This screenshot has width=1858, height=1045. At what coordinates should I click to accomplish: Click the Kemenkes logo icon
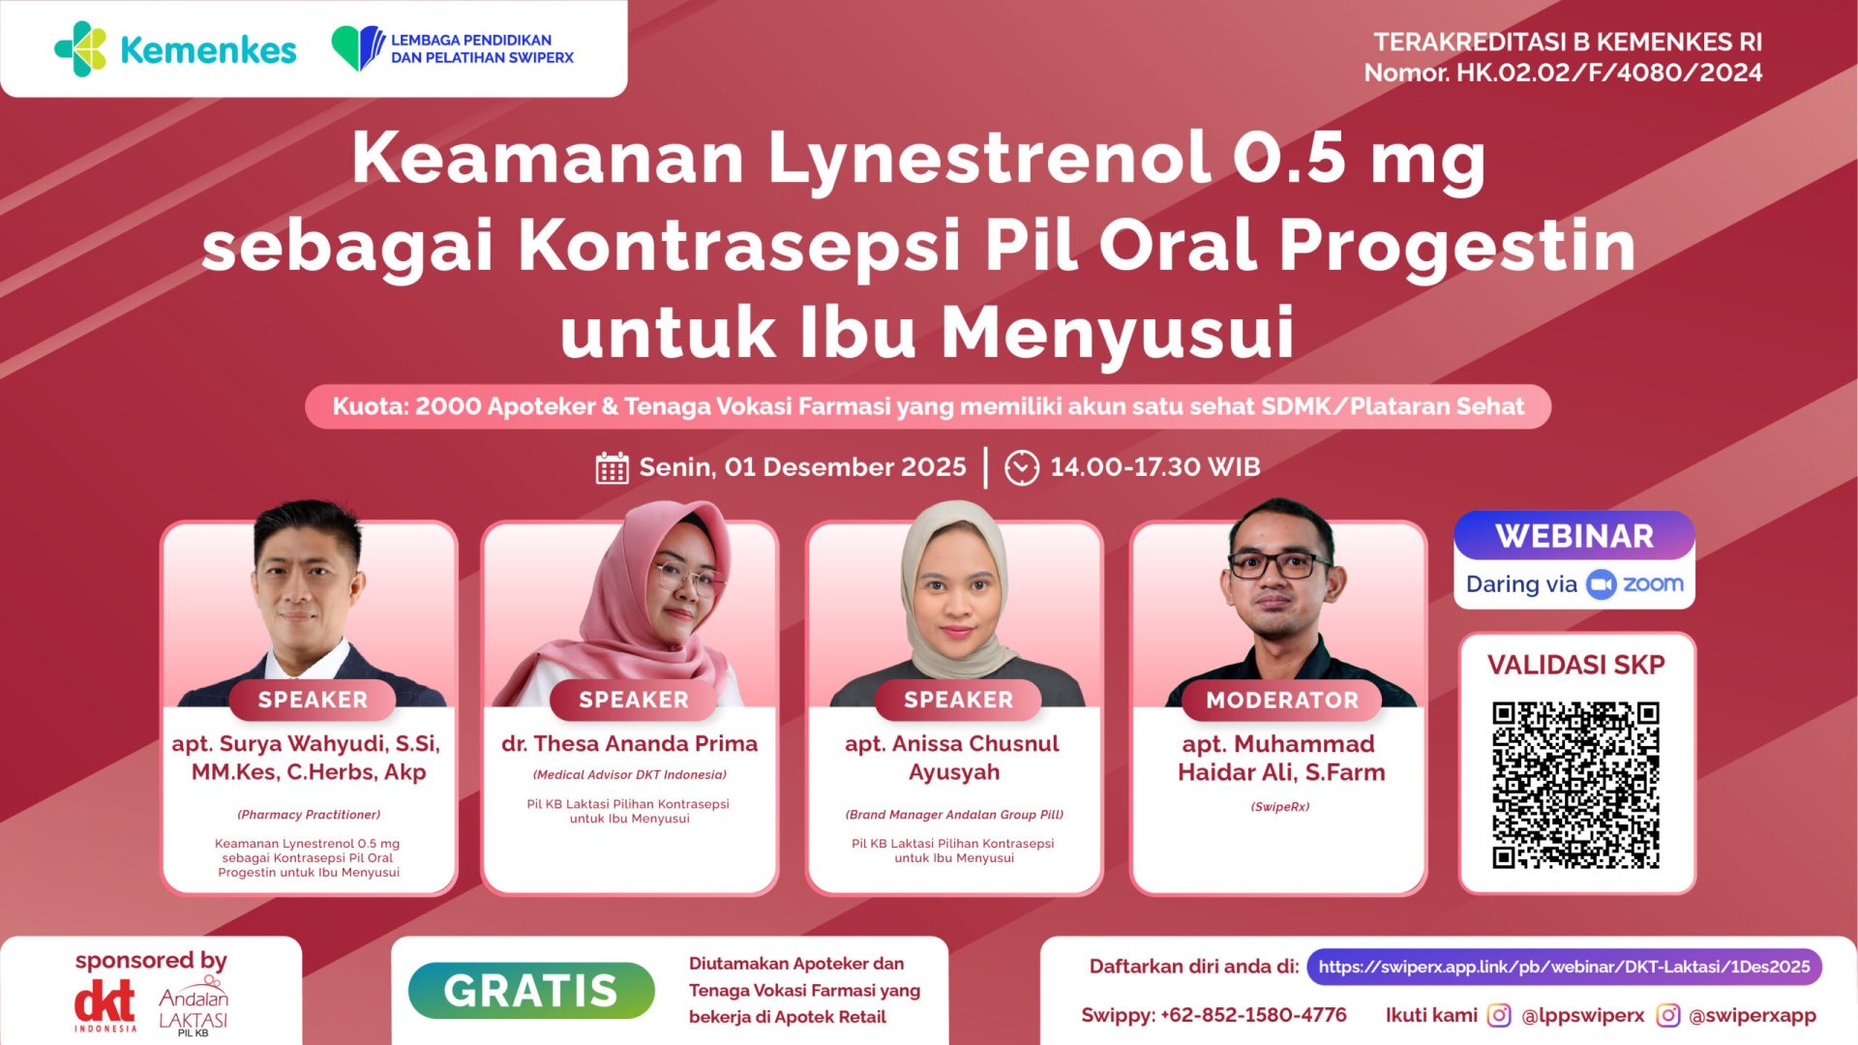pyautogui.click(x=80, y=49)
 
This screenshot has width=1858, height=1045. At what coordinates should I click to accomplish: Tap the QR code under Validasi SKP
pyautogui.click(x=1575, y=785)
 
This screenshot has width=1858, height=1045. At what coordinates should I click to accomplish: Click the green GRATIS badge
pyautogui.click(x=531, y=990)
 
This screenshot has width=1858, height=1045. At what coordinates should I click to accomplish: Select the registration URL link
pyautogui.click(x=1564, y=967)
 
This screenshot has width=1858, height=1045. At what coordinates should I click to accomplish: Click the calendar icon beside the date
pyautogui.click(x=612, y=468)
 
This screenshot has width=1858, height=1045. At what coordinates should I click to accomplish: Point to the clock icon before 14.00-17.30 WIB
pyautogui.click(x=1021, y=468)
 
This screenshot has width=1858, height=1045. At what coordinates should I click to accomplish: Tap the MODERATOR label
pyautogui.click(x=1281, y=700)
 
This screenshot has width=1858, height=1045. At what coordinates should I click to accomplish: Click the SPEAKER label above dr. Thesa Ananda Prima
pyautogui.click(x=633, y=700)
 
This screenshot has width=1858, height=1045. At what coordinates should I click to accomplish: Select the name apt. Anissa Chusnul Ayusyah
pyautogui.click(x=953, y=758)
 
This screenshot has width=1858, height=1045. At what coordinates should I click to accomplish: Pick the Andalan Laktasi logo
pyautogui.click(x=194, y=1008)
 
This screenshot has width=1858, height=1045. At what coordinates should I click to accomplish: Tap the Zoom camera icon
pyautogui.click(x=1602, y=584)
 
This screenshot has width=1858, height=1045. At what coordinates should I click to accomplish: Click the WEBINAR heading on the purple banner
pyautogui.click(x=1574, y=536)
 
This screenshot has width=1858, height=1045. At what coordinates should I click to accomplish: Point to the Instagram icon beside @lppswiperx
pyautogui.click(x=1498, y=1015)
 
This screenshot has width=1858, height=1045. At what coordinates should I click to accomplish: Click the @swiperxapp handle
pyautogui.click(x=1752, y=1015)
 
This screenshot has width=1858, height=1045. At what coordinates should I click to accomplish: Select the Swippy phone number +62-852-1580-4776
pyautogui.click(x=1253, y=1015)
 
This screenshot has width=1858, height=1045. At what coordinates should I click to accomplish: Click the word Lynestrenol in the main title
pyautogui.click(x=988, y=159)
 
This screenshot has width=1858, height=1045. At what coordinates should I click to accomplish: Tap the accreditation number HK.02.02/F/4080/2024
pyautogui.click(x=1609, y=73)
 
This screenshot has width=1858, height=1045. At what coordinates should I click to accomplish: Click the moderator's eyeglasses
pyautogui.click(x=1279, y=565)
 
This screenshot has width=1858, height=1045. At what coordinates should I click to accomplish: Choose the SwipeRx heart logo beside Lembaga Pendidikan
pyautogui.click(x=357, y=48)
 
